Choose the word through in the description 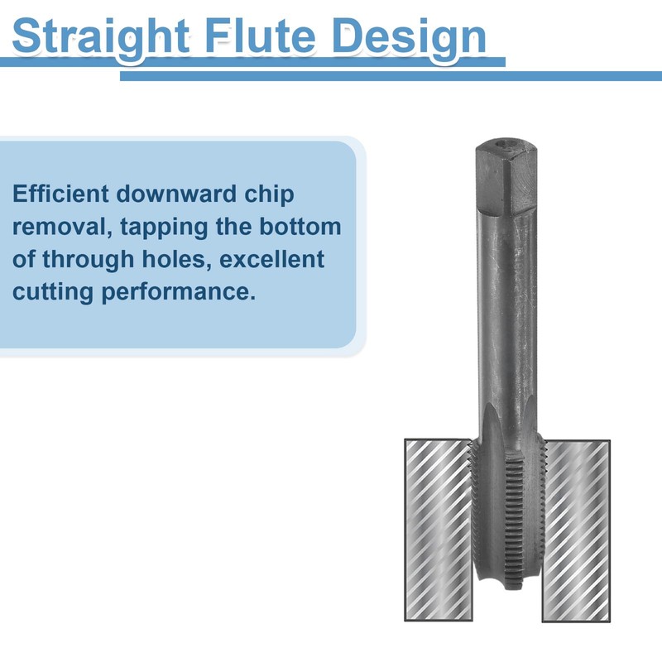[x=92, y=259]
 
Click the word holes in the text [x=181, y=259]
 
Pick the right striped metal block [x=576, y=530]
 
